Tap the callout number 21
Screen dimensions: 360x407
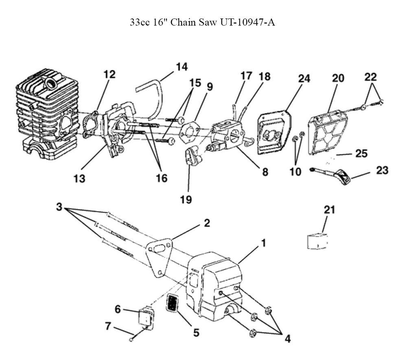pos(329,210)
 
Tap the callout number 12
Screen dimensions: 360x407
pos(109,75)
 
